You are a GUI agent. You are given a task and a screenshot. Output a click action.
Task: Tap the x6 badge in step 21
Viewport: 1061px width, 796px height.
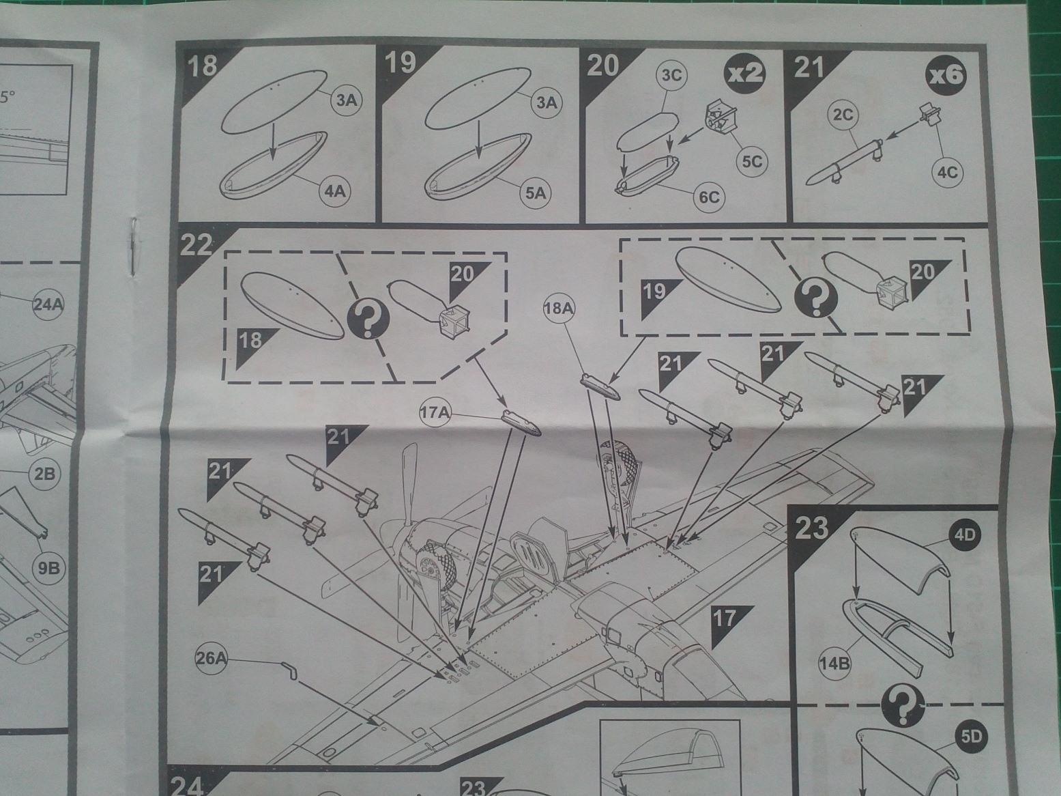[x=946, y=73]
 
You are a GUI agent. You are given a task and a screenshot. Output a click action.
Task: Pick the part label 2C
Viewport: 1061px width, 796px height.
[x=843, y=115]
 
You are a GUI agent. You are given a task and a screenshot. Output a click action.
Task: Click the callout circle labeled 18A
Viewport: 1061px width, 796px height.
[x=559, y=309]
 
